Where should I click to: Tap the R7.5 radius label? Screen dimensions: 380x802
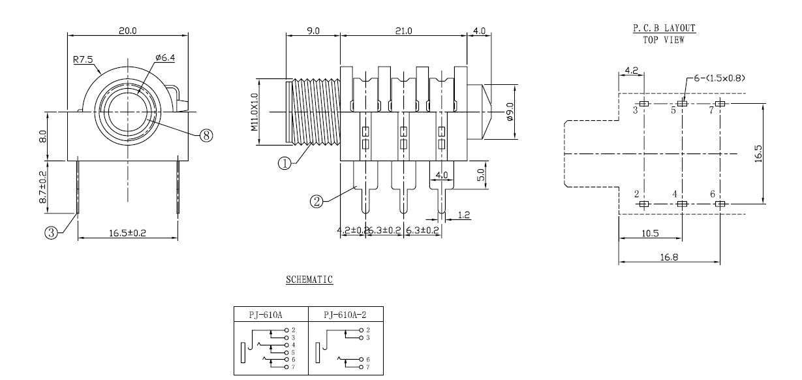pyautogui.click(x=84, y=59)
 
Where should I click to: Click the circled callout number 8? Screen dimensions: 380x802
pyautogui.click(x=206, y=135)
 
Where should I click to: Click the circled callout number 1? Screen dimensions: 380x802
pyautogui.click(x=284, y=164)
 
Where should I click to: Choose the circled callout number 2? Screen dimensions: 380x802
pyautogui.click(x=316, y=202)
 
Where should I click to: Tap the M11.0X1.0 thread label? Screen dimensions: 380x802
pyautogui.click(x=254, y=112)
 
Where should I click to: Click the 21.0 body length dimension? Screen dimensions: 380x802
pyautogui.click(x=403, y=31)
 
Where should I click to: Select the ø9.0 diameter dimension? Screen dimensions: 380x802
pyautogui.click(x=510, y=112)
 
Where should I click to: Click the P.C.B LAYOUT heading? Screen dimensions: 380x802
pyautogui.click(x=664, y=28)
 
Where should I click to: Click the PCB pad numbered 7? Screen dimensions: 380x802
pyautogui.click(x=720, y=104)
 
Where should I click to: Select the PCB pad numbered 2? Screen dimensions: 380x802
pyautogui.click(x=644, y=204)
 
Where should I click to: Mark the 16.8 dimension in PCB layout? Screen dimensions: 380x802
pyautogui.click(x=669, y=257)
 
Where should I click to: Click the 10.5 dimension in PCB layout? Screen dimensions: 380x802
pyautogui.click(x=650, y=233)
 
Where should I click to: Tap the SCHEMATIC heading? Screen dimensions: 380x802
pyautogui.click(x=309, y=280)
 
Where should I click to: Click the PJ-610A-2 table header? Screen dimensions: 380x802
pyautogui.click(x=346, y=315)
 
